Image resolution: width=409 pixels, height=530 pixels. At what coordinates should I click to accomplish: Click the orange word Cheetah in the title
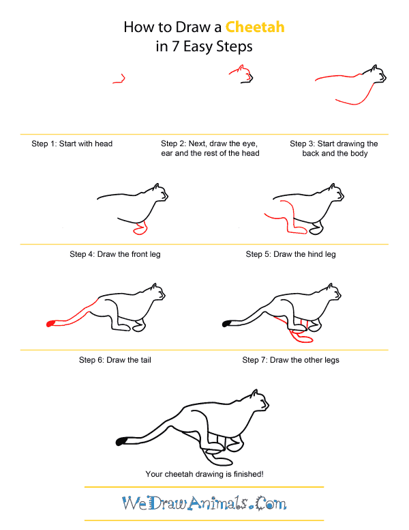(x=255, y=27)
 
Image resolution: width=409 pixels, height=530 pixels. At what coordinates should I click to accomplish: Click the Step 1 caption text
(x=72, y=144)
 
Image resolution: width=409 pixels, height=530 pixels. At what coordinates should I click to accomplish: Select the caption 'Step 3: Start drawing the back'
(x=334, y=144)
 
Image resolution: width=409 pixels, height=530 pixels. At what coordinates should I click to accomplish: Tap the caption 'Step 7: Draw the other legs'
(x=291, y=360)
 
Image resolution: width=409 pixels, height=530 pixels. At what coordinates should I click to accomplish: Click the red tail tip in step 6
(x=50, y=324)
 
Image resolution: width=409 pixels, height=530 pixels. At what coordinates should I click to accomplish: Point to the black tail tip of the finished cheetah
(x=123, y=442)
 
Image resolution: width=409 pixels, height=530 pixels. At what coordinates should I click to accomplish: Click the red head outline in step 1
(x=119, y=79)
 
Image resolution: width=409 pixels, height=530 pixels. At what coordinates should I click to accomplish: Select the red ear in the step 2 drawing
(x=239, y=68)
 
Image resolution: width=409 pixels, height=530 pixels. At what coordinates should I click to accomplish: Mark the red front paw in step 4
(x=141, y=229)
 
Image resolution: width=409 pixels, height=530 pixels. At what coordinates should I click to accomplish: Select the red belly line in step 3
(x=354, y=101)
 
